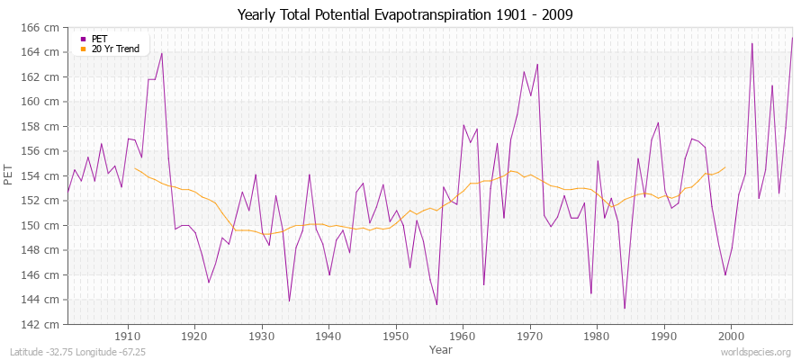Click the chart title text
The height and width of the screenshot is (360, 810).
pos(405,15)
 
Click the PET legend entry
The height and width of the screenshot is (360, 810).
pos(99,39)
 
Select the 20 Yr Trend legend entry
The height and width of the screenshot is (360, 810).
pos(115,49)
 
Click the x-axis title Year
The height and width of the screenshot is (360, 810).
pos(441,348)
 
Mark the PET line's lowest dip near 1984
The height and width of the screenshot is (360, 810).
pos(624,309)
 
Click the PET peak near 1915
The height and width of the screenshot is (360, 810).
pos(161,53)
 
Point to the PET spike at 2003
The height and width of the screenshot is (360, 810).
pos(751,43)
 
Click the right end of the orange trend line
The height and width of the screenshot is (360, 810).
pos(724,167)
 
